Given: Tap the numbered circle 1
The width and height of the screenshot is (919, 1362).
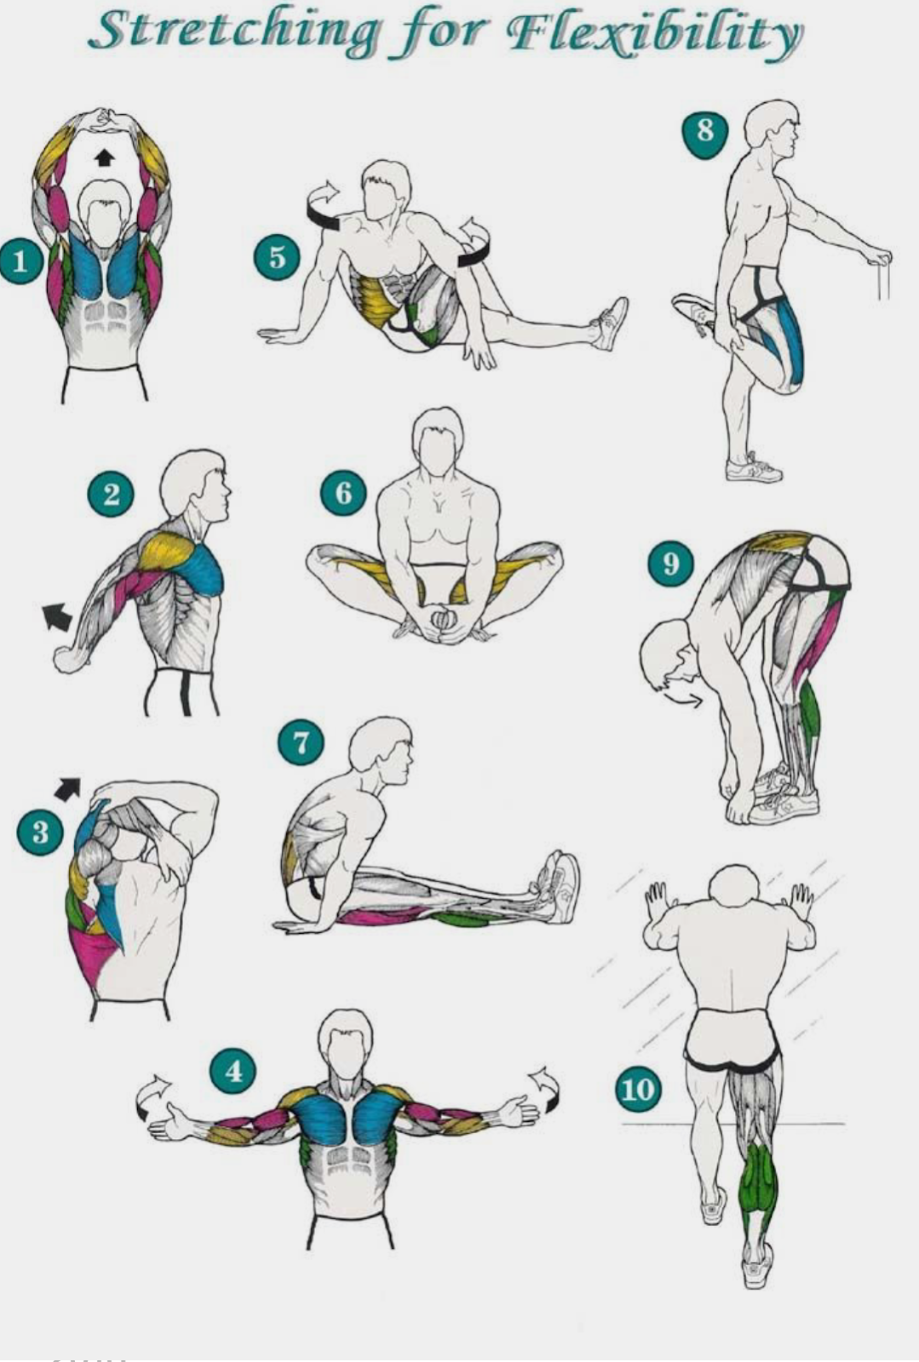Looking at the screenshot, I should (20, 262).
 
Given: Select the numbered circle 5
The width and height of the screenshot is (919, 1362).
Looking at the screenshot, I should (277, 257).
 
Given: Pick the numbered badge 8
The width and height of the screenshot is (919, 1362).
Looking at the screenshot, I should (705, 133).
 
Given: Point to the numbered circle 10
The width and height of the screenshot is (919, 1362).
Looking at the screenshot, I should (638, 1089).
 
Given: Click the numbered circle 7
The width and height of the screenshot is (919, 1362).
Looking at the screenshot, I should (301, 743).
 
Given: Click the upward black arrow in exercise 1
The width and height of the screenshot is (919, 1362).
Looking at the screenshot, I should (104, 157).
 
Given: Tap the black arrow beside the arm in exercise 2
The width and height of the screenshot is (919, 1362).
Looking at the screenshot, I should (57, 615).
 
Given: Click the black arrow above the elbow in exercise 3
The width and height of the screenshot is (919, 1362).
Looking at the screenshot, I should (67, 788).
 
